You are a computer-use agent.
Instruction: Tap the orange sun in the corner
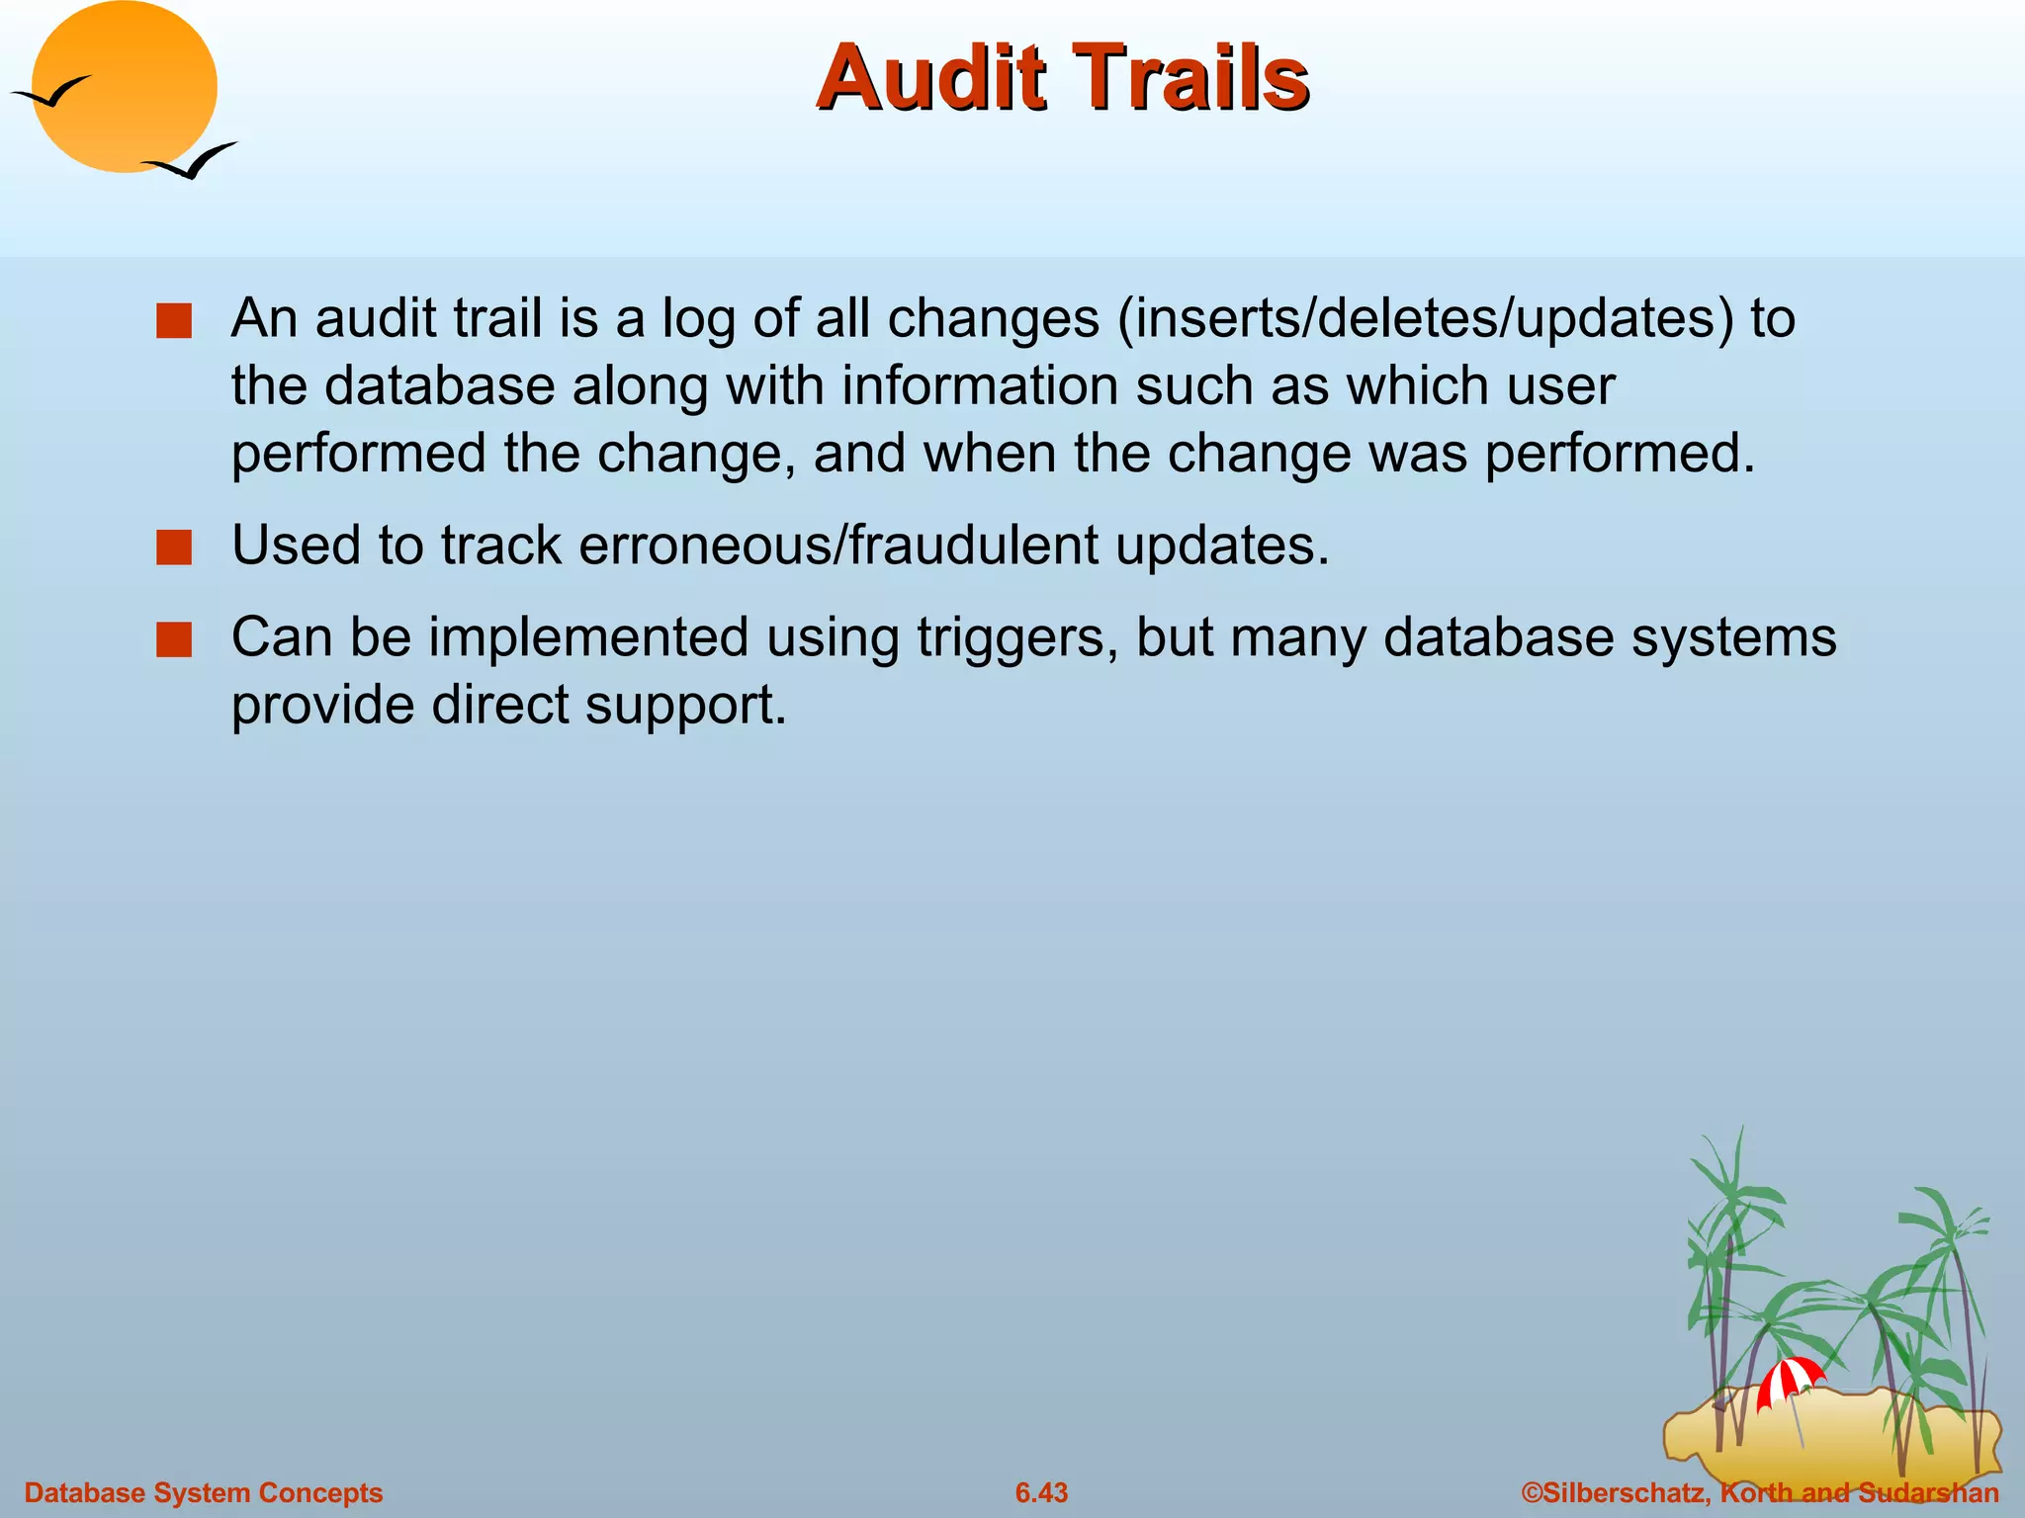click(125, 87)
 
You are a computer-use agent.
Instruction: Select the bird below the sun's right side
click(193, 161)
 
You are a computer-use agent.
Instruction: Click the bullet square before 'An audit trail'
click(174, 321)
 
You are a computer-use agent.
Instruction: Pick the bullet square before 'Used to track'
click(174, 548)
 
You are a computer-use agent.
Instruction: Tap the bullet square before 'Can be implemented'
click(174, 639)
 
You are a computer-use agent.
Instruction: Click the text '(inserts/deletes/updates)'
click(1425, 319)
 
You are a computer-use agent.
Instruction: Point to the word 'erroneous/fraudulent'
click(838, 546)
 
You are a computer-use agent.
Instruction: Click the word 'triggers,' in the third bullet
click(1017, 638)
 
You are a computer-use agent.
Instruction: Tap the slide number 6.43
click(1041, 1492)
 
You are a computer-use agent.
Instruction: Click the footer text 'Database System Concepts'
click(204, 1492)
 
